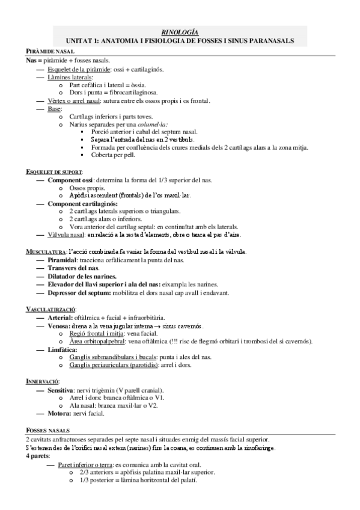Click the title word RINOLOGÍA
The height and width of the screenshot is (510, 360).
(x=181, y=32)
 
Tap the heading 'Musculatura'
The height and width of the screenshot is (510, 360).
(x=46, y=251)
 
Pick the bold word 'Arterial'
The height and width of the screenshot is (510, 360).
(x=63, y=317)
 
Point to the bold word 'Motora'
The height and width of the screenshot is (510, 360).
(x=61, y=414)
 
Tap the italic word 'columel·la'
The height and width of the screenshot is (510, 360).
(x=142, y=124)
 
